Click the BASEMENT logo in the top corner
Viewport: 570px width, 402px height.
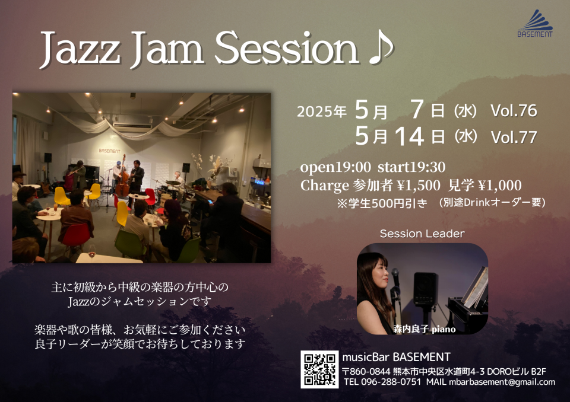pyautogui.click(x=535, y=24)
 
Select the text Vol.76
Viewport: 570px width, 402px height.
pyautogui.click(x=514, y=111)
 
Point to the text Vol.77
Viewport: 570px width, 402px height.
pyautogui.click(x=514, y=138)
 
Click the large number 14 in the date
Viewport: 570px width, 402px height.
pyautogui.click(x=409, y=137)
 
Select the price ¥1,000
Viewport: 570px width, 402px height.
pyautogui.click(x=500, y=186)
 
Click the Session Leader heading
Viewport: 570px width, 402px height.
pyautogui.click(x=422, y=234)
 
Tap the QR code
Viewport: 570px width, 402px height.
pyautogui.click(x=319, y=369)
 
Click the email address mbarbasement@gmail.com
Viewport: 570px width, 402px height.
pyautogui.click(x=502, y=382)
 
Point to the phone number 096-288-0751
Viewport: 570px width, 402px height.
pyautogui.click(x=391, y=382)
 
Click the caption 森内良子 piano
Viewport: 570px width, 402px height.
pyautogui.click(x=424, y=330)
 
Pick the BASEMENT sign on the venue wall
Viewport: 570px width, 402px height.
pyautogui.click(x=109, y=151)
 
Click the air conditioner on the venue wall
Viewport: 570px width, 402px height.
pyautogui.click(x=132, y=127)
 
